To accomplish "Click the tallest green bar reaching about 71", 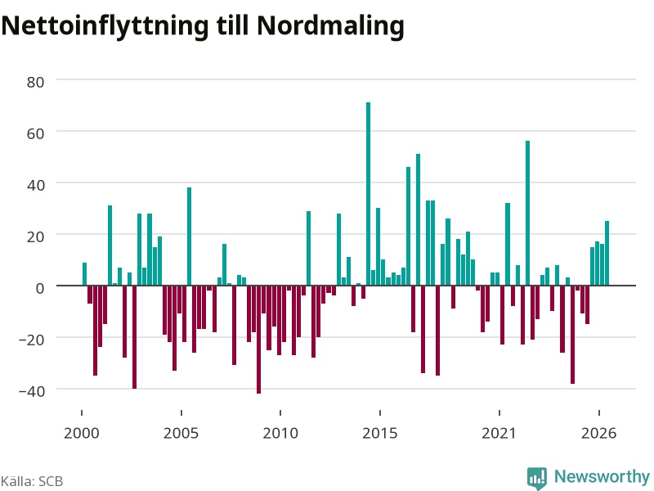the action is (x=369, y=194).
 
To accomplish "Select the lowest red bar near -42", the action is (x=258, y=340).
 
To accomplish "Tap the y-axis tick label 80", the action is (x=35, y=83).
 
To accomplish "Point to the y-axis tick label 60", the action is (x=35, y=133).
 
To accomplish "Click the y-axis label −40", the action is (x=32, y=391).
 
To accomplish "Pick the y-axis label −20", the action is (x=32, y=340).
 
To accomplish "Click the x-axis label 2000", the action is (x=82, y=433).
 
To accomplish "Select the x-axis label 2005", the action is (x=181, y=433).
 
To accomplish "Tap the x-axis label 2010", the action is (x=280, y=433).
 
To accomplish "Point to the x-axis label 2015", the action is (x=380, y=433).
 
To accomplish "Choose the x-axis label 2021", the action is (x=499, y=433).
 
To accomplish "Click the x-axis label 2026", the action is (x=599, y=433).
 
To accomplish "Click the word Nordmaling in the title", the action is (x=330, y=26).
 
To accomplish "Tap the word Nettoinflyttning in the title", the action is (x=105, y=26).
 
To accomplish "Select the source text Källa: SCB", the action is (x=32, y=481).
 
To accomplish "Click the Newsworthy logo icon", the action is (x=537, y=478).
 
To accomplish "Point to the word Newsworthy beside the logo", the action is (x=602, y=476).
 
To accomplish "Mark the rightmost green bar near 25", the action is (x=607, y=254).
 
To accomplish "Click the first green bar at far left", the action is (x=85, y=274).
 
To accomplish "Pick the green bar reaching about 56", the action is (x=527, y=214).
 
